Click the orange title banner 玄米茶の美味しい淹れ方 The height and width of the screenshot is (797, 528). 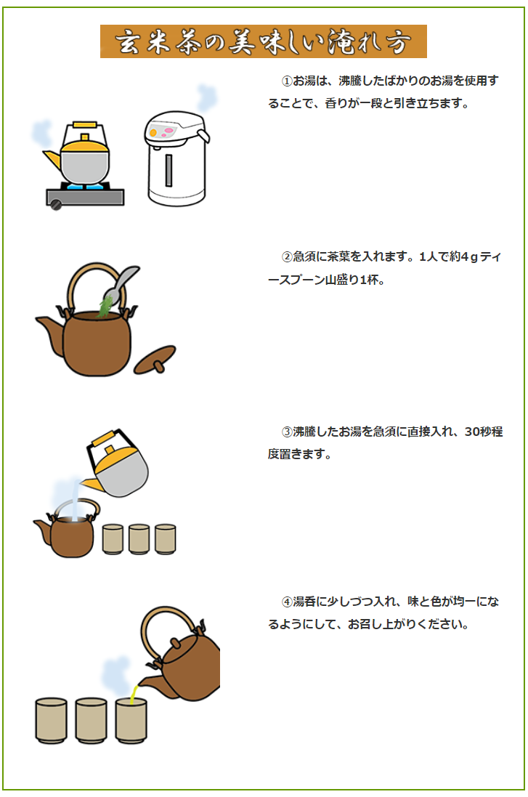263,41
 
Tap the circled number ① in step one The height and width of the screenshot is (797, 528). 287,81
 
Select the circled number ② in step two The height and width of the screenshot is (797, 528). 287,257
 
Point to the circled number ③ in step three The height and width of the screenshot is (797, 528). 287,432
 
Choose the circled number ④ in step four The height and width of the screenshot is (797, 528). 287,602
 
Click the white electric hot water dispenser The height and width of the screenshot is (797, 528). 175,160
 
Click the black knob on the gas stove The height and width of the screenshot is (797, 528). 56,206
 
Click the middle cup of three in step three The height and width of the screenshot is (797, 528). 139,539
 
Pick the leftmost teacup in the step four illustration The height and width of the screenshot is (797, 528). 51,720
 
